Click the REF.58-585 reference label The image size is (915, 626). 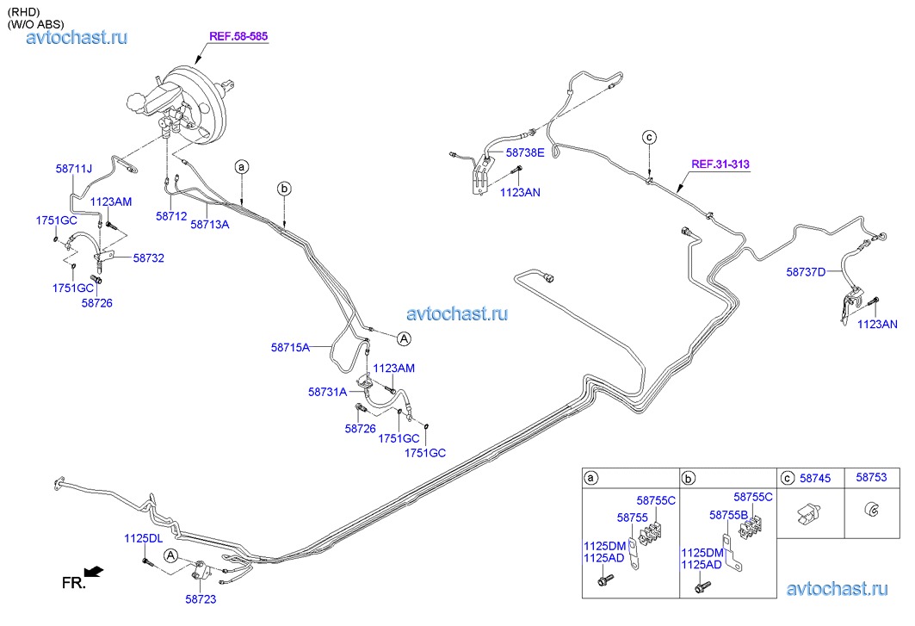(x=239, y=37)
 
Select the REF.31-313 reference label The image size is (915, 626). (x=720, y=164)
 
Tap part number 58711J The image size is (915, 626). (x=74, y=169)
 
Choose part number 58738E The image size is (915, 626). (x=525, y=152)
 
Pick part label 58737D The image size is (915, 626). (x=806, y=272)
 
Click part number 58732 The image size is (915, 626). (x=148, y=257)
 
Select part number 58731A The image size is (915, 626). (x=327, y=391)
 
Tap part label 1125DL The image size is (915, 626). (x=143, y=538)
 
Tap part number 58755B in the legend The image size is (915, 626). (x=729, y=514)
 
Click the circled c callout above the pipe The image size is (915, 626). (x=650, y=137)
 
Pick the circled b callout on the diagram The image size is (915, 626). (x=285, y=189)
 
